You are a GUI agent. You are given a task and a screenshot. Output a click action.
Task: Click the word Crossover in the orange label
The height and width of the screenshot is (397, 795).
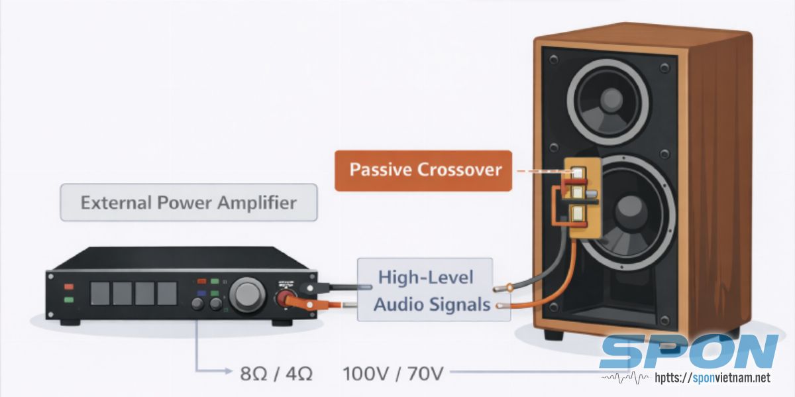pos(461,170)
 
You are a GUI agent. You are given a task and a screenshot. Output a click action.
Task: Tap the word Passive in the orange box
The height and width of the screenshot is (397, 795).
pos(380,170)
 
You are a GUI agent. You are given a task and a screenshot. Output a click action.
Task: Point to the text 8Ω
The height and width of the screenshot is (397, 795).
pos(255,374)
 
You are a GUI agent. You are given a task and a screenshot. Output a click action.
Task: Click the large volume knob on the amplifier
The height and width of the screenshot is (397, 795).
pos(247,294)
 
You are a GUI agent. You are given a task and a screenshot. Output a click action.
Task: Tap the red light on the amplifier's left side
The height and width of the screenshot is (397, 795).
pos(69,287)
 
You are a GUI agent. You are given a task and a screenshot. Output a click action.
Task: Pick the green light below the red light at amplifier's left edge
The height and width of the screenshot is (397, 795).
pos(69,300)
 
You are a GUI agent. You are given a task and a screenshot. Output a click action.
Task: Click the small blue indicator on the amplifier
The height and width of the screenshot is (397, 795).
pos(201,293)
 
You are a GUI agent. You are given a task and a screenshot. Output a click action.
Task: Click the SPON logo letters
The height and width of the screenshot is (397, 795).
pos(689,352)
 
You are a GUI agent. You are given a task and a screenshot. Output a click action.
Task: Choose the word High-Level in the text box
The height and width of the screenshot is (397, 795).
pos(426,277)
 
